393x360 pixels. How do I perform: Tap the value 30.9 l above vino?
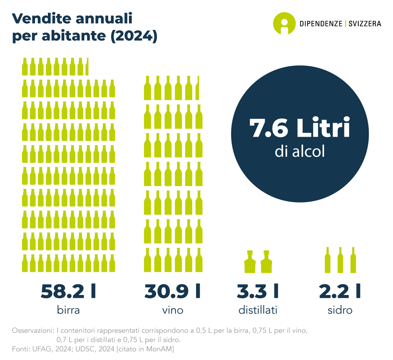pos(173,291)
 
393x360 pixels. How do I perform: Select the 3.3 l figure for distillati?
pos(258,291)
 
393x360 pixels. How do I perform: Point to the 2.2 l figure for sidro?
pos(340,291)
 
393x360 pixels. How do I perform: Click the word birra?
pos(68,310)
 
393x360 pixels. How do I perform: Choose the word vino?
pos(173,310)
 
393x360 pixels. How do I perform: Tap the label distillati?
pos(258,310)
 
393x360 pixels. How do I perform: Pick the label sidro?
pos(340,310)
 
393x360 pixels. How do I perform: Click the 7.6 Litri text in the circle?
pos(299,129)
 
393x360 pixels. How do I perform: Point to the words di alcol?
pos(300,151)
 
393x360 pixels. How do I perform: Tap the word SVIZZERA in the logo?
pos(364,24)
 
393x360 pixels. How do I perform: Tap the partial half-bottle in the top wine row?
pos(198,88)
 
